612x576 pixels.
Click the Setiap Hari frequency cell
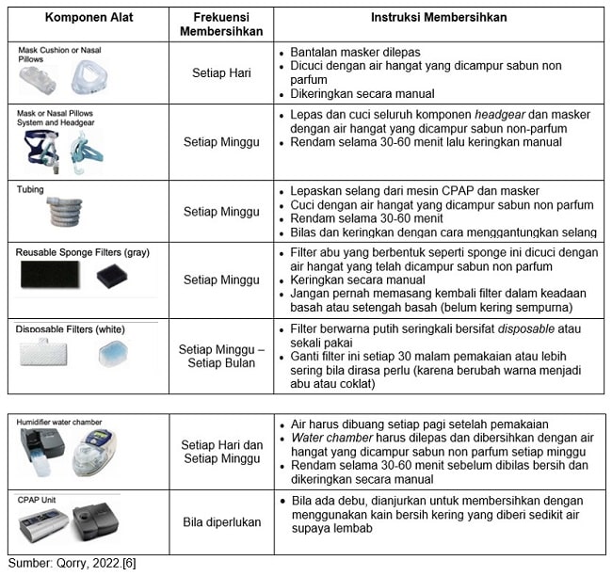[221, 71]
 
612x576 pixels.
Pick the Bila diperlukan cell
[221, 520]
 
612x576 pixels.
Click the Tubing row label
[30, 188]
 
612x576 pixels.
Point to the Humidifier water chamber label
[59, 422]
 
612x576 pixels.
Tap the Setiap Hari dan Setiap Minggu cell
[221, 451]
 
